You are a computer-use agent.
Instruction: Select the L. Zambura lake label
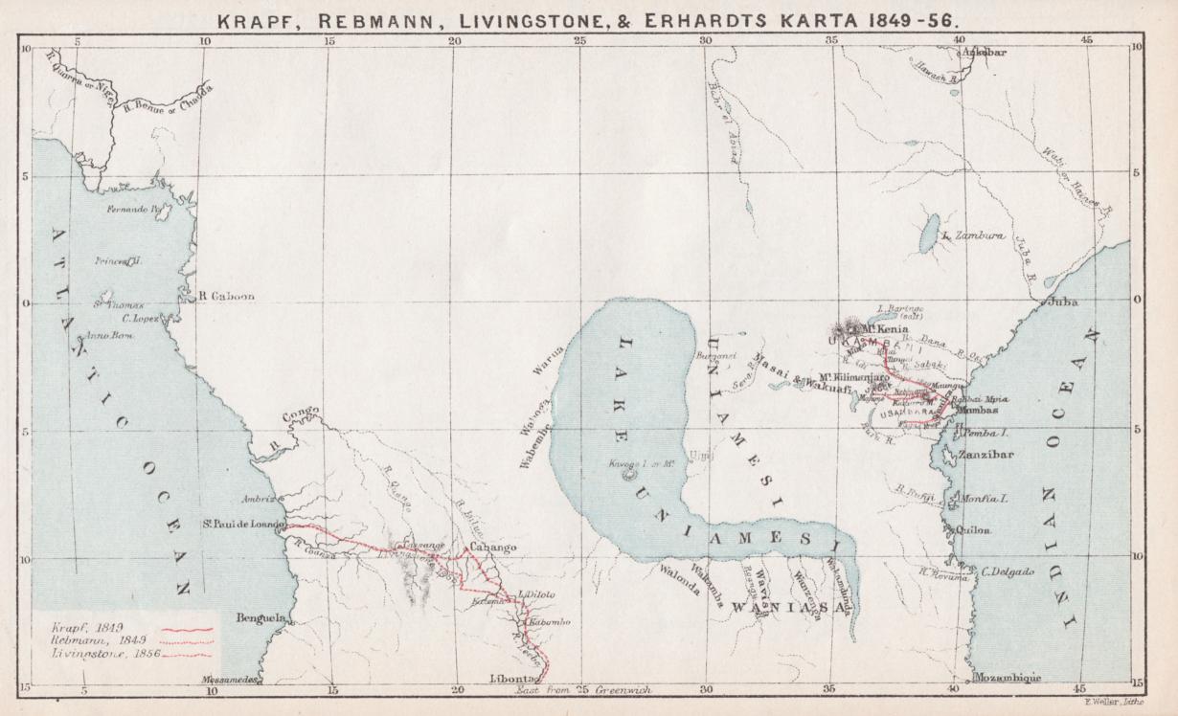point(973,235)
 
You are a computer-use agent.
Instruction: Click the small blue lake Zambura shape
point(928,233)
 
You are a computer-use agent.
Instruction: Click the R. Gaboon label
point(226,297)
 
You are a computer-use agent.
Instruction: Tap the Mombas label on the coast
point(977,410)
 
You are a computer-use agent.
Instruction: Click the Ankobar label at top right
point(985,53)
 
